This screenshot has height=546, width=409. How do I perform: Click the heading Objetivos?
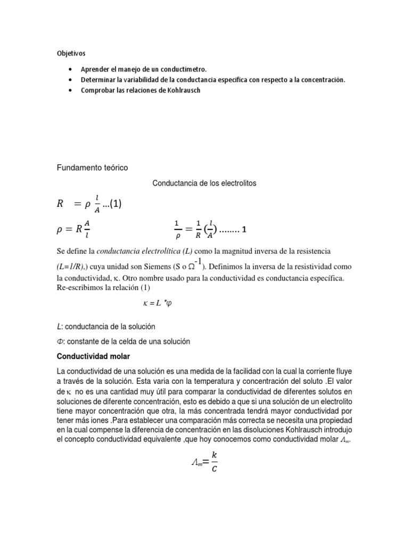(71, 53)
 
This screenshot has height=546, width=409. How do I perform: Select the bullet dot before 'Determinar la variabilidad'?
(71, 79)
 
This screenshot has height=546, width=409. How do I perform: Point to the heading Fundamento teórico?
(93, 167)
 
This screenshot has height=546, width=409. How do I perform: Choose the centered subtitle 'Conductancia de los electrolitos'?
(204, 183)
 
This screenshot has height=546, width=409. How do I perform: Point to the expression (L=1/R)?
(76, 266)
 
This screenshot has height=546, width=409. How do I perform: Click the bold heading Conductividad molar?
(93, 356)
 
